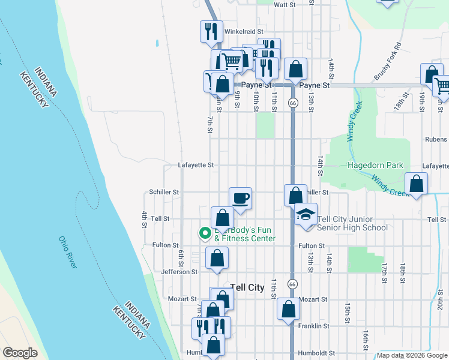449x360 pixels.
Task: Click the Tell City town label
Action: click(247, 287)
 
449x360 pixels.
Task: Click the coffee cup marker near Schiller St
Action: click(240, 197)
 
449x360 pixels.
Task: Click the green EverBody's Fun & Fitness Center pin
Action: click(205, 232)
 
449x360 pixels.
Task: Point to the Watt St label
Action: click(285, 5)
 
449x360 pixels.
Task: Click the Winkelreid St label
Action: click(244, 31)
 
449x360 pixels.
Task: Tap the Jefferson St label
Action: click(179, 272)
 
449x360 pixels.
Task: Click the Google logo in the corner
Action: click(20, 353)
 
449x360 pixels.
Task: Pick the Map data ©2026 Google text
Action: click(412, 355)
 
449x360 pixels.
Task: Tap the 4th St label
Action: click(145, 220)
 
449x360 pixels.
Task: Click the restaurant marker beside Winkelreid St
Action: click(211, 31)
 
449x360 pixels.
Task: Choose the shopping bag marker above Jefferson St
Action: click(217, 259)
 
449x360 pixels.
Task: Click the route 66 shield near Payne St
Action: click(292, 103)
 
